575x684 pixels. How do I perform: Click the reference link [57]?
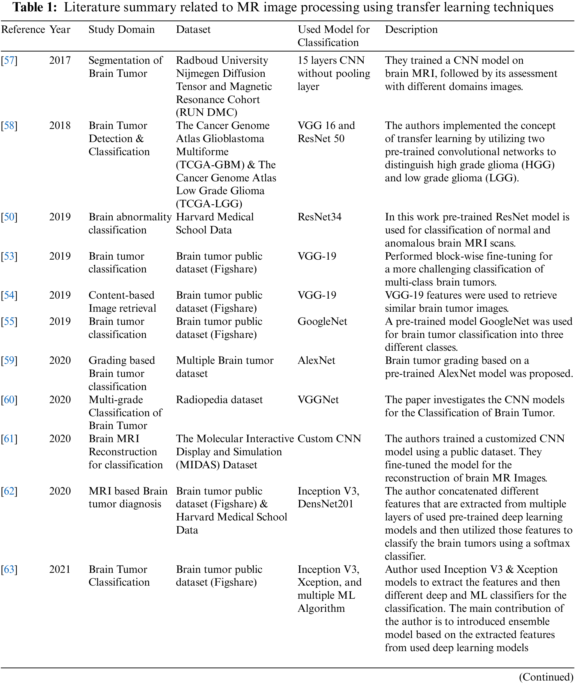(9, 60)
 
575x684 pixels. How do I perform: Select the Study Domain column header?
(121, 30)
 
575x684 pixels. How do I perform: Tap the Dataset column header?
(193, 30)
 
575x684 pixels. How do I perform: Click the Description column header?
(411, 30)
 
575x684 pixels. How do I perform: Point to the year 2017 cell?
(60, 60)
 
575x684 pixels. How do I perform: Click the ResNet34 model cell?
(319, 217)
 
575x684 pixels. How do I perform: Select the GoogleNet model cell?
(322, 322)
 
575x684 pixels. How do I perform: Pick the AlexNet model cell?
(316, 361)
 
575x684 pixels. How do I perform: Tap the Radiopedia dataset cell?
(219, 400)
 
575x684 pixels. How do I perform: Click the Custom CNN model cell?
(329, 439)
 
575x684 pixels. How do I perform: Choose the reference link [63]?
(9, 569)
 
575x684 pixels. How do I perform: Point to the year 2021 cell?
(60, 569)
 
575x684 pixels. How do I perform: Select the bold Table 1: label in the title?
(35, 7)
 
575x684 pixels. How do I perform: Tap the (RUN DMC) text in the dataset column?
(206, 112)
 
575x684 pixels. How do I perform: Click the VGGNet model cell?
(318, 400)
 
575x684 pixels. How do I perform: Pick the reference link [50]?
(9, 217)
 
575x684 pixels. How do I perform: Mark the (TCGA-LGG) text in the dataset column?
(209, 204)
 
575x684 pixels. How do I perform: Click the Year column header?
(60, 30)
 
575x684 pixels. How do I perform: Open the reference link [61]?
(9, 439)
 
